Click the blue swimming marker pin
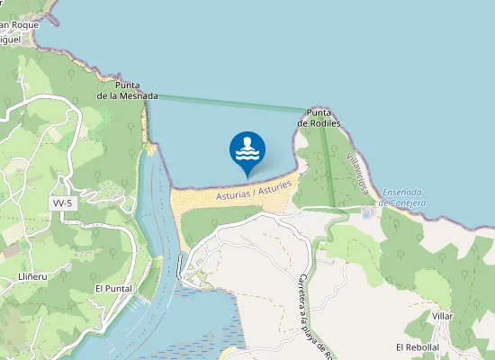[x=247, y=151]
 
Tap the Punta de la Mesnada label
[x=128, y=90]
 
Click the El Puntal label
[x=113, y=288]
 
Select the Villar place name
[x=442, y=317]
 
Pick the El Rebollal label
[x=417, y=346]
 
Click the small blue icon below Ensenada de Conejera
[x=366, y=212]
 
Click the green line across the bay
[x=225, y=103]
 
